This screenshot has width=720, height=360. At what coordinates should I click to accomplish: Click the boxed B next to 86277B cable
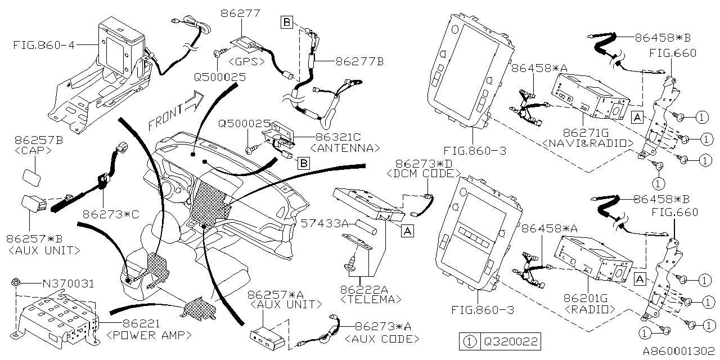pos(287,22)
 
